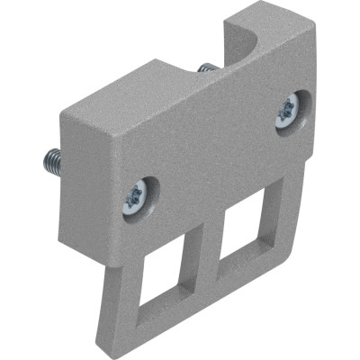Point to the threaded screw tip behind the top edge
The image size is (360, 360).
point(205,70)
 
